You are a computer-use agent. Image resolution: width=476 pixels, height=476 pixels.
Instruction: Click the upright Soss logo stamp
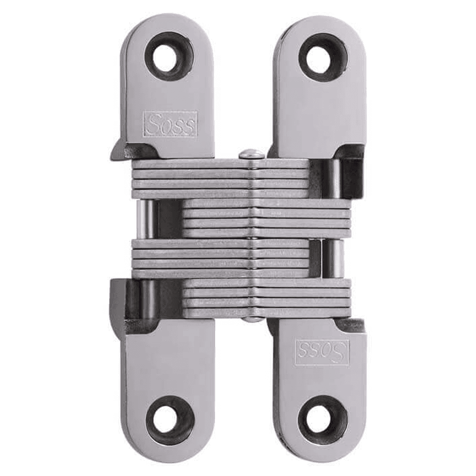click(x=170, y=125)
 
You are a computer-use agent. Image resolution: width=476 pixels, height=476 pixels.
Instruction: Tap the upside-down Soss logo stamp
click(x=322, y=351)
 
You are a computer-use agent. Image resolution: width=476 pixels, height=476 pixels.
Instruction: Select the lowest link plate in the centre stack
click(x=267, y=313)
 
